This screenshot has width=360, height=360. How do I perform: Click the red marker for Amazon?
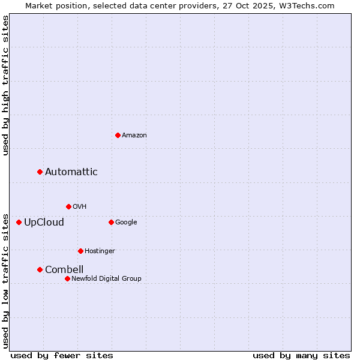pos(118,135)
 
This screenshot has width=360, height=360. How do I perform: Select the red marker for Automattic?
pos(40,172)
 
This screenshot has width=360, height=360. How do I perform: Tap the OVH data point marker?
pos(68,206)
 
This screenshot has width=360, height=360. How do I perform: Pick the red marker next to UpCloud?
pos(19,222)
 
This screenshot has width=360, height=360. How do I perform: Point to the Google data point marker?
pos(111,222)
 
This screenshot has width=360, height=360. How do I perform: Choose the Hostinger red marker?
pos(80,251)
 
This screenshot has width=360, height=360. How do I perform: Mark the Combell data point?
pos(40,269)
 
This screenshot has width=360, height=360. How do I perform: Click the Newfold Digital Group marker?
pos(67,278)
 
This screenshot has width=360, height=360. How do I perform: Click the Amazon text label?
pos(134,136)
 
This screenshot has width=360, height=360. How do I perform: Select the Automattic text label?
pos(71,172)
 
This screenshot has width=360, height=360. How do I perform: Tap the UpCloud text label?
pos(44,223)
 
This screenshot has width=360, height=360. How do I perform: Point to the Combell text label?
pos(64,270)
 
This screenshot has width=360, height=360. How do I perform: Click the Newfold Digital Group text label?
pos(106,278)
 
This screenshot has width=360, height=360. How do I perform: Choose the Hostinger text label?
pos(100,251)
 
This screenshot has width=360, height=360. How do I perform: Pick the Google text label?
pos(126,223)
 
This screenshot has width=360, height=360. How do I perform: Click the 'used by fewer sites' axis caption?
pos(62,355)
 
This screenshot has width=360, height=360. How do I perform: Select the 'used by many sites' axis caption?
pos(301,355)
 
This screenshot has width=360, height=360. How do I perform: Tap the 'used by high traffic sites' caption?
pos(5,85)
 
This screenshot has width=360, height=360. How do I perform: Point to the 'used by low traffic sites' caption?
pos(5,281)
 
